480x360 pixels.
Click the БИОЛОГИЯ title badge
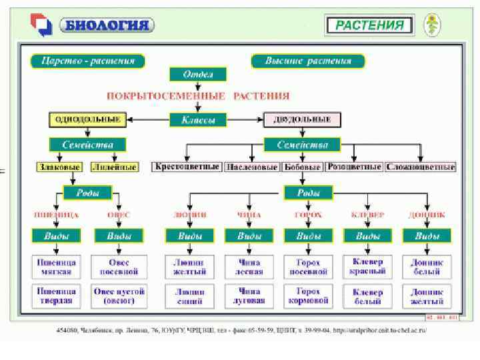106,25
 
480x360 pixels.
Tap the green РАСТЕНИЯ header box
369,25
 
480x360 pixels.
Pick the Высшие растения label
307,61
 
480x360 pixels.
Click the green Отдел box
198,74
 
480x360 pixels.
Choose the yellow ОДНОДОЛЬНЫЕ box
87,119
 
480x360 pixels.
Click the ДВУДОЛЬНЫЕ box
302,119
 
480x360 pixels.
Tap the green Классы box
198,120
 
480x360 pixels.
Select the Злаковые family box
59,167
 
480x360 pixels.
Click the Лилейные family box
114,167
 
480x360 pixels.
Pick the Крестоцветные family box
187,167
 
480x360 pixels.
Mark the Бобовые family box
303,167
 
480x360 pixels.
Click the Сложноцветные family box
421,167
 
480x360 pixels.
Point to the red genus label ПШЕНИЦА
56,215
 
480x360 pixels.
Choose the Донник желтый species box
427,296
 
